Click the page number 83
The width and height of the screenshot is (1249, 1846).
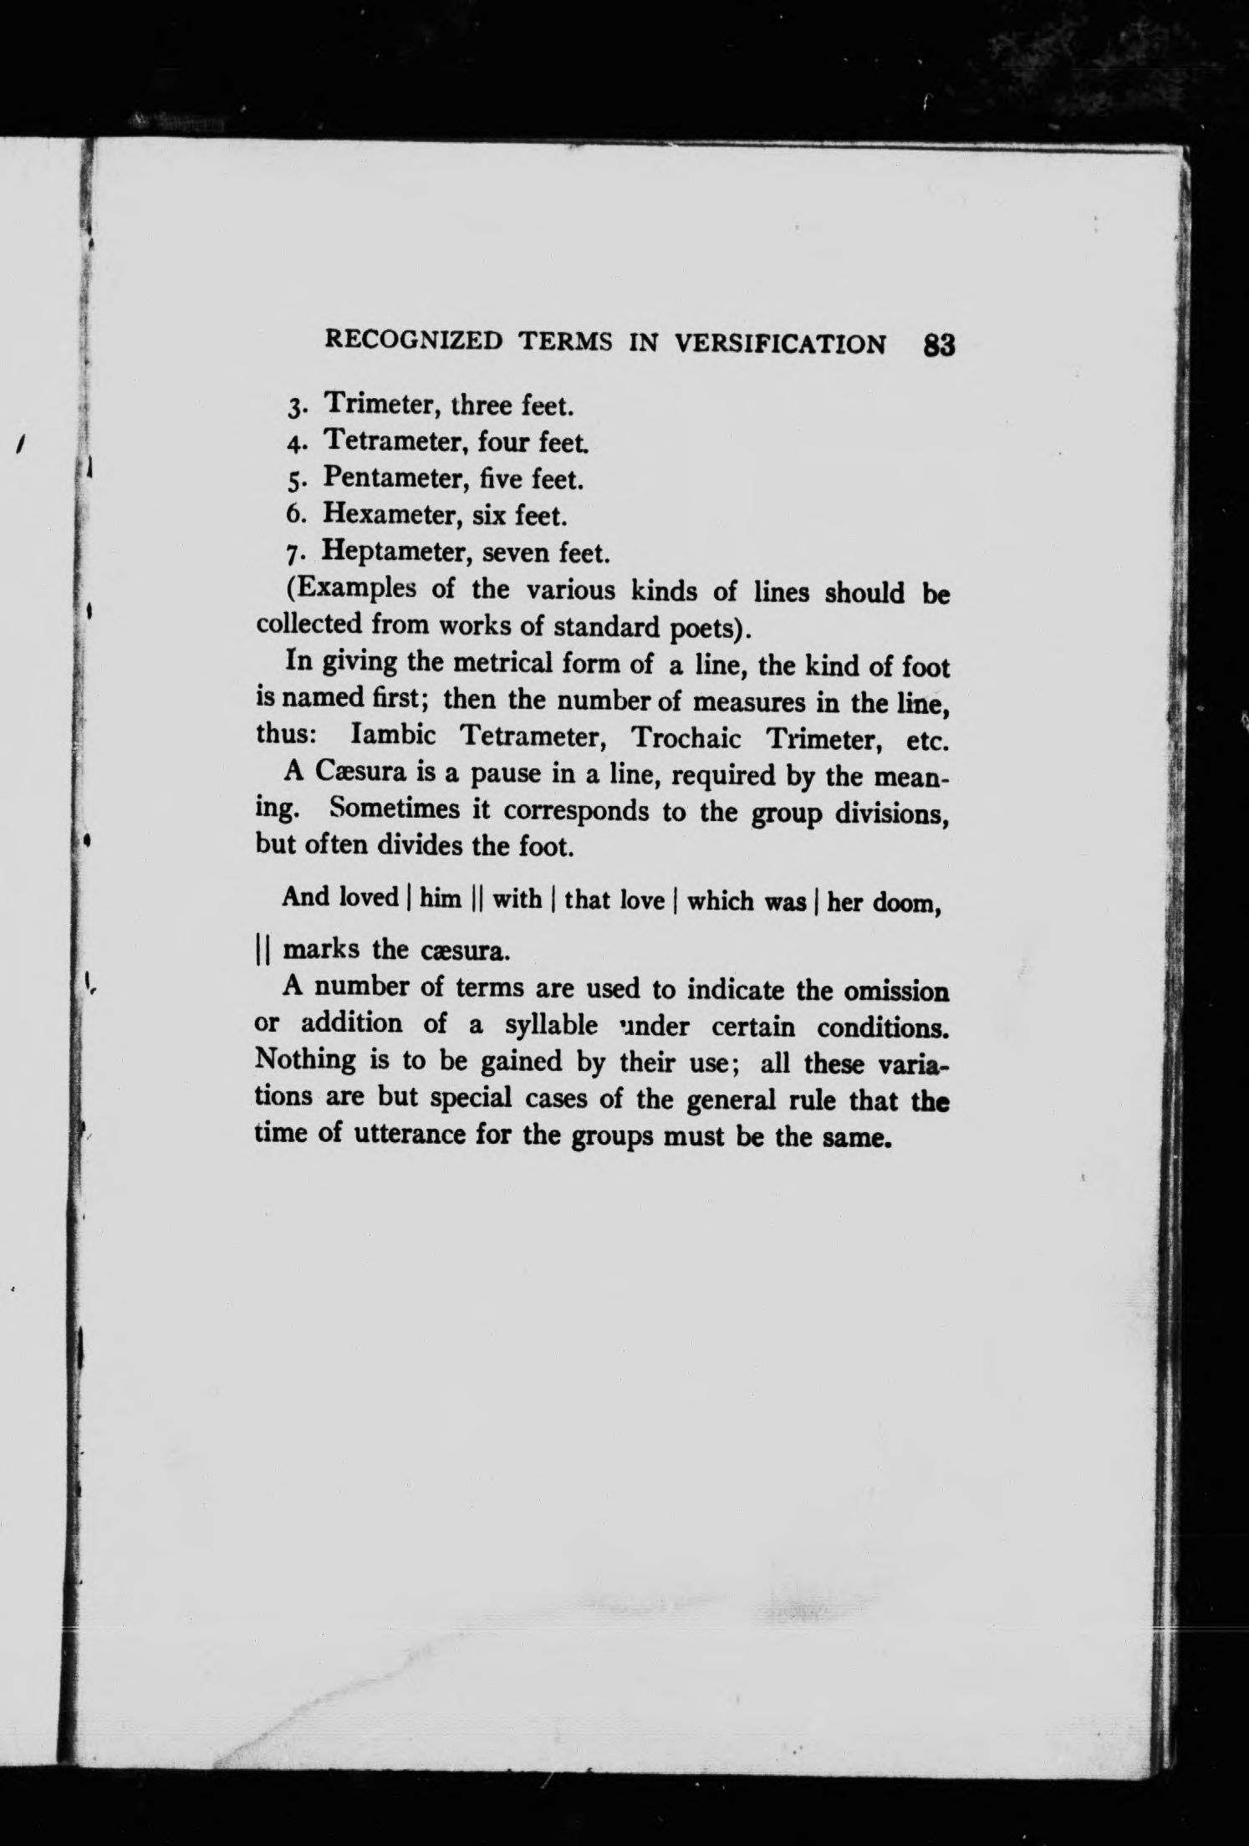coord(939,345)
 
